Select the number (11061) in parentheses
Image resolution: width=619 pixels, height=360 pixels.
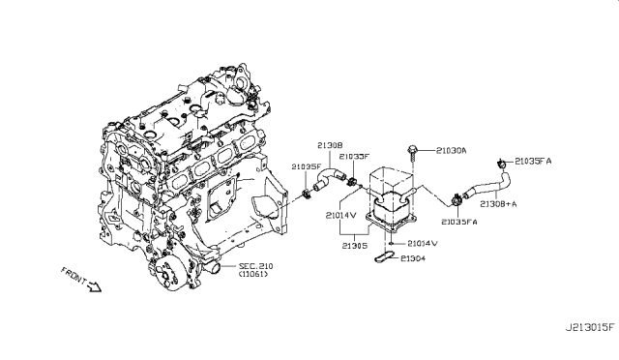pos(250,275)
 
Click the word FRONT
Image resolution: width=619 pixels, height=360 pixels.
pos(74,274)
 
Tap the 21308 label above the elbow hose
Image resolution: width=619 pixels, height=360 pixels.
pos(331,146)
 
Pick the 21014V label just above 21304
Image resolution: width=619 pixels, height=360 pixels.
pos(423,243)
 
